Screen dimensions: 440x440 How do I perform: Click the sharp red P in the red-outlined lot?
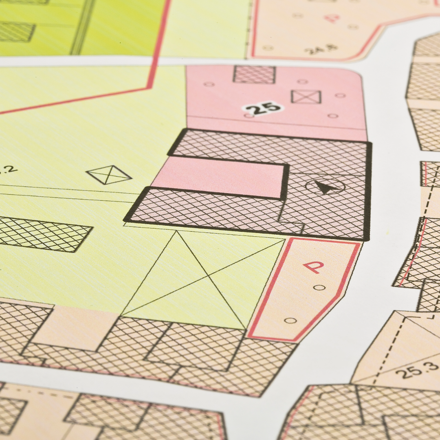coord(313,267)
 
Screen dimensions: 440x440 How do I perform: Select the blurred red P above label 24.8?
coord(332,18)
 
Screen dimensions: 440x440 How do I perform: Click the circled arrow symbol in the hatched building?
coord(325,187)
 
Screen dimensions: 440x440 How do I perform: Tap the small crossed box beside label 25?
coord(306,97)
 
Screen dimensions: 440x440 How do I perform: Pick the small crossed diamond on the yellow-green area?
coord(109,175)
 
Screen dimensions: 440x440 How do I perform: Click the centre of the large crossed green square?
coord(209,277)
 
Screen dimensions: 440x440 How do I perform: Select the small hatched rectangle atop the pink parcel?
coord(254,75)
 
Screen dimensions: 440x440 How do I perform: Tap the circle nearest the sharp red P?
coord(320,287)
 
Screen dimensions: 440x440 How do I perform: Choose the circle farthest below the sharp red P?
coord(290,320)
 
